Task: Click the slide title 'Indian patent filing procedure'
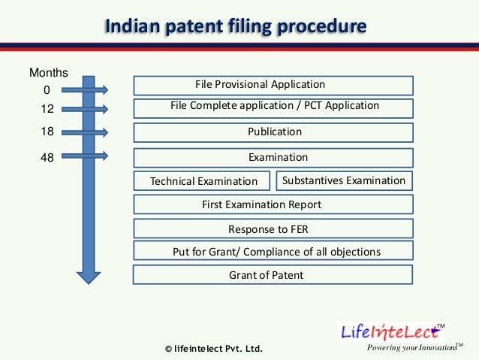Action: pos(235,27)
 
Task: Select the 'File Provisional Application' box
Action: pos(273,85)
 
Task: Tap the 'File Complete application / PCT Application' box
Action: pos(273,107)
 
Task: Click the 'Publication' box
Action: pos(273,132)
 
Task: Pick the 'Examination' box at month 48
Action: pos(273,158)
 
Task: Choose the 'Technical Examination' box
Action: pos(203,181)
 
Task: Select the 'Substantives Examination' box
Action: pos(344,180)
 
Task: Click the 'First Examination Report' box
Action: pos(273,204)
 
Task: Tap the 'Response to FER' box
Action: pos(273,229)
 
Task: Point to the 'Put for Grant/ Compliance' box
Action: pos(273,252)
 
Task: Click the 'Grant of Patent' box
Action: pos(273,275)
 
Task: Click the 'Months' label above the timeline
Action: pos(49,73)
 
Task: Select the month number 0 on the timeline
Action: pos(47,91)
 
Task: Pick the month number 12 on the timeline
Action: pos(47,110)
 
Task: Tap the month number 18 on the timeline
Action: pos(47,132)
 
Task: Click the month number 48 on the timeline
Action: pos(47,157)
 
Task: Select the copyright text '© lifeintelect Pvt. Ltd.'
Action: pos(213,349)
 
